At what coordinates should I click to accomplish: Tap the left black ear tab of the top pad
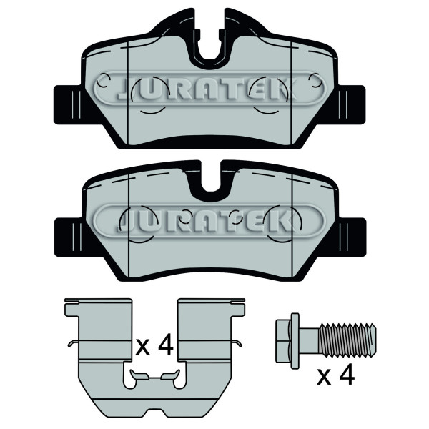(x=69, y=105)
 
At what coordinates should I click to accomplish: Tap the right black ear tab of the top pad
(x=351, y=105)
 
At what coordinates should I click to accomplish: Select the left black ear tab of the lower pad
(x=69, y=237)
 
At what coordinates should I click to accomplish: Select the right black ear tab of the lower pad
(x=352, y=237)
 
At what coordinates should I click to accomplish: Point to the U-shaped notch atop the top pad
(x=209, y=44)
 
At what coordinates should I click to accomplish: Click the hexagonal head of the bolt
(x=283, y=341)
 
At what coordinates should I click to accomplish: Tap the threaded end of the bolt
(x=347, y=340)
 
